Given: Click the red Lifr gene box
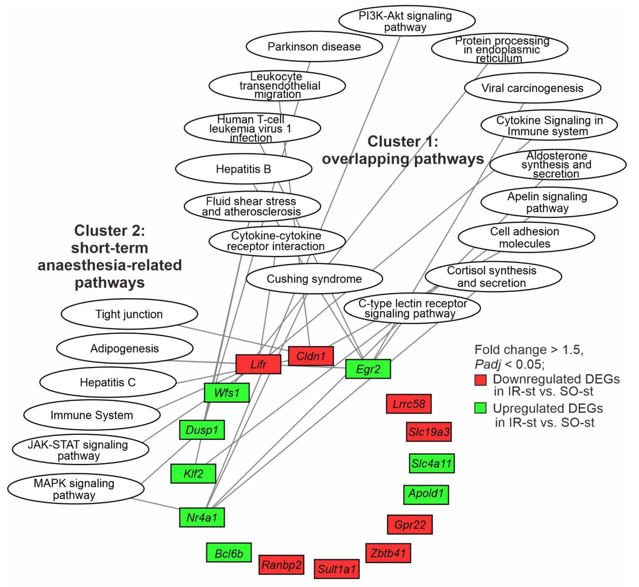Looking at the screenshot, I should [258, 364].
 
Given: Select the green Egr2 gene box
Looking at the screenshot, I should [368, 369].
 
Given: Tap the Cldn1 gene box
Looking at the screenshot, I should [311, 356].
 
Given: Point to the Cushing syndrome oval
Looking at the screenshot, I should [314, 279].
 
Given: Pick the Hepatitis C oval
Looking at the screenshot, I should [108, 382].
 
